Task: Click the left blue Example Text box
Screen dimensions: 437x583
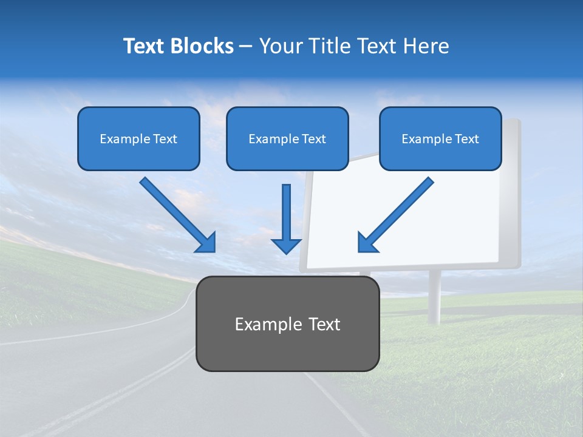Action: (138, 138)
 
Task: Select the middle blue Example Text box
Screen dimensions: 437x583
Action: (287, 138)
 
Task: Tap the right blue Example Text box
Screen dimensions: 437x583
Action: (440, 138)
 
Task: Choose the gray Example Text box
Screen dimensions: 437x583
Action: (287, 324)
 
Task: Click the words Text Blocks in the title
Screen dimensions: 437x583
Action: (178, 46)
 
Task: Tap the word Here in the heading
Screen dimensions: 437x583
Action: (428, 46)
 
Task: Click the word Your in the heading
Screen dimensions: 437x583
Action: (280, 46)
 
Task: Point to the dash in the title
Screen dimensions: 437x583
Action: (246, 46)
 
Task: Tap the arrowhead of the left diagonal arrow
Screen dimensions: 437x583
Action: (206, 243)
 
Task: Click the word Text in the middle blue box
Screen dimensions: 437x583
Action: (312, 139)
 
